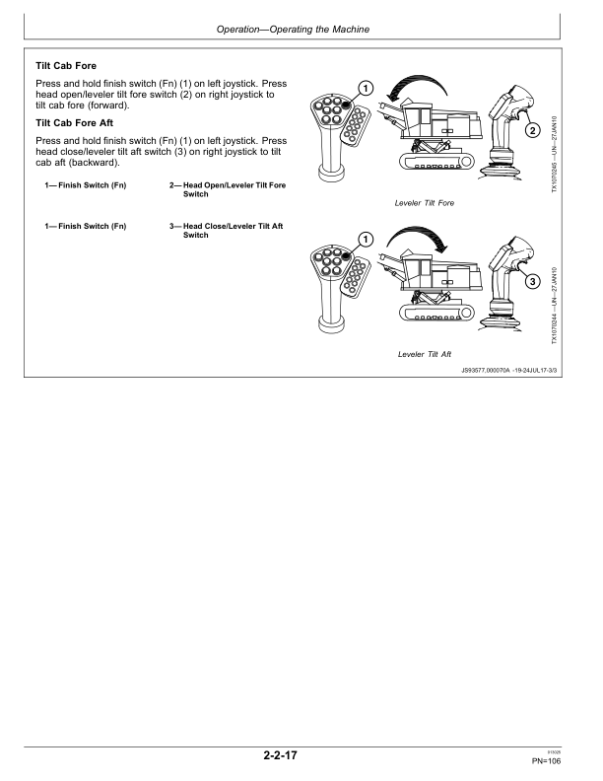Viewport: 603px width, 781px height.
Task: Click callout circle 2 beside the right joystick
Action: [x=533, y=130]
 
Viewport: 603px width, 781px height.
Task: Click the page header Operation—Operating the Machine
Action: [x=301, y=29]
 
